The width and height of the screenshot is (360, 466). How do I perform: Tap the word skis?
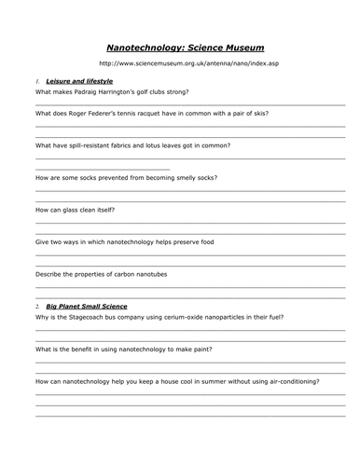tap(259, 113)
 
